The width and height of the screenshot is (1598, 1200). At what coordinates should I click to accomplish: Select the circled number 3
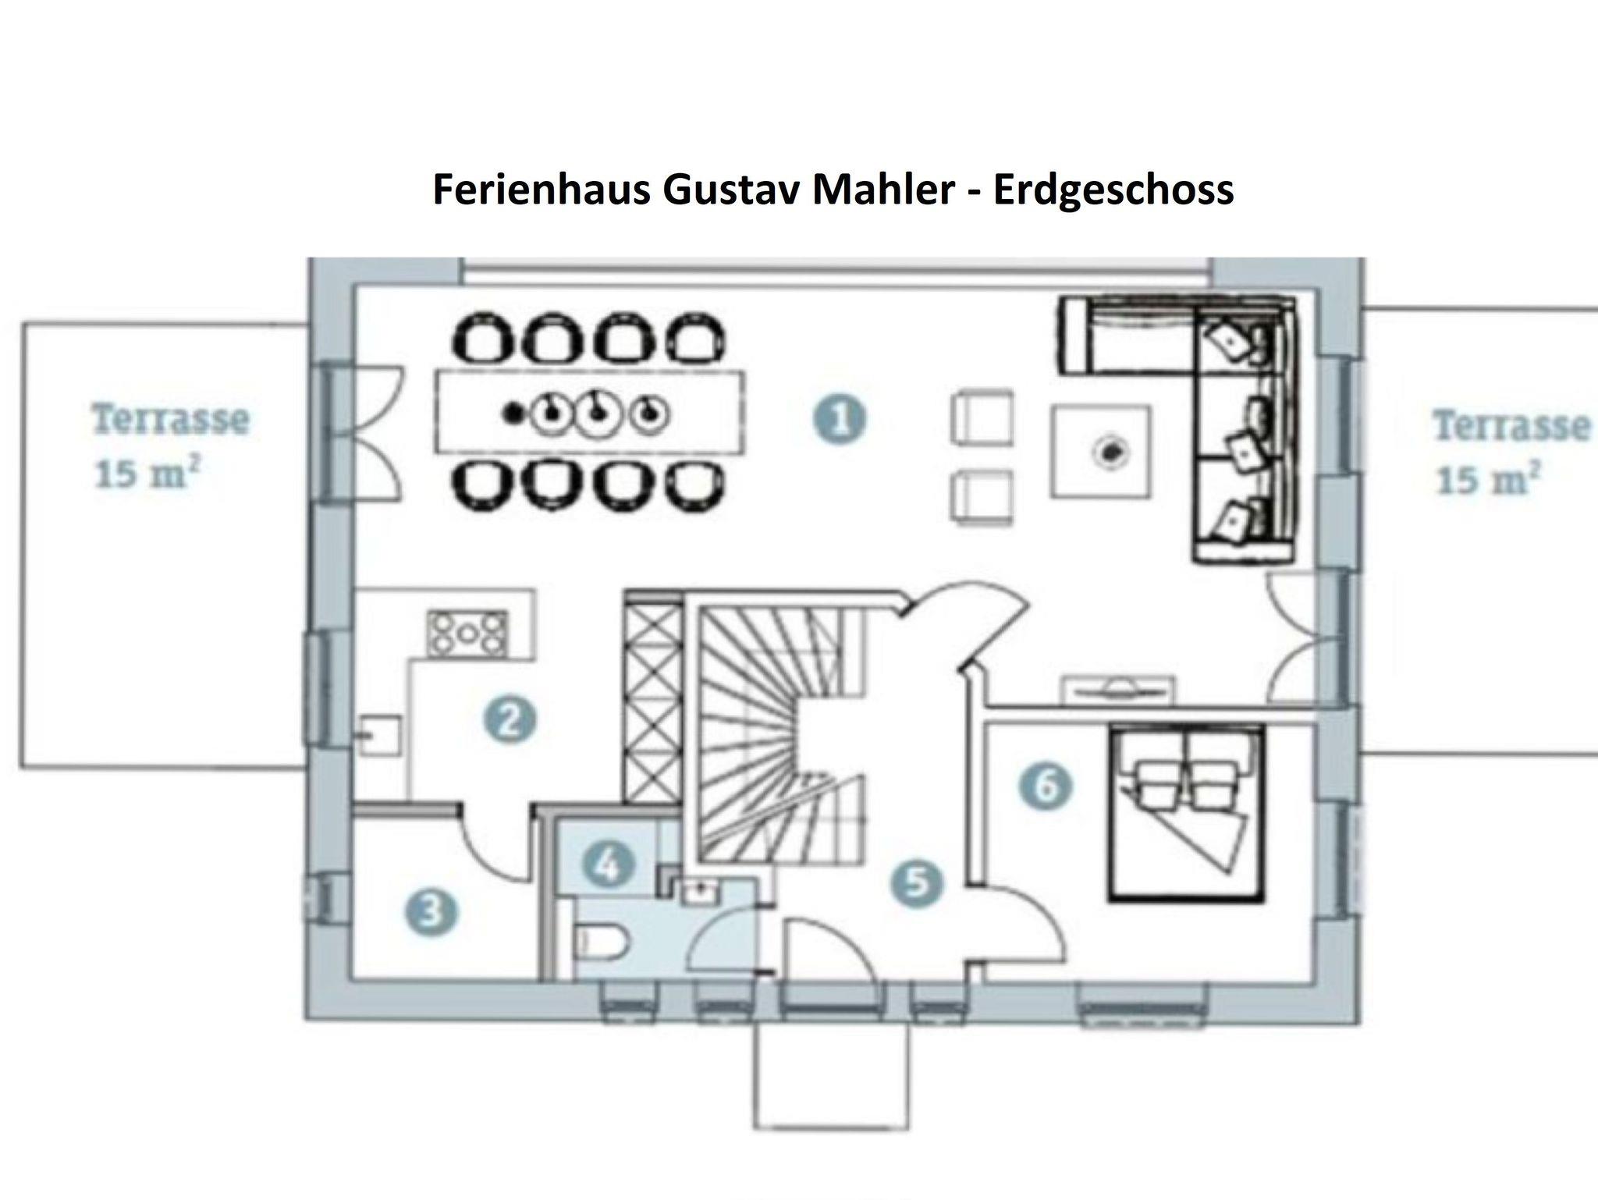(x=431, y=912)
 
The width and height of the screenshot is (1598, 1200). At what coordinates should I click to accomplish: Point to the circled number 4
(x=609, y=864)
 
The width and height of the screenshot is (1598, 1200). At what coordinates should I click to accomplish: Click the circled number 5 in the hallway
(x=917, y=883)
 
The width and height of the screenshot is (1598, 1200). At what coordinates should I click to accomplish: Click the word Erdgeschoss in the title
(x=1113, y=190)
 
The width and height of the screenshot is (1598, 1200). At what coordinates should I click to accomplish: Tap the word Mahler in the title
(x=884, y=190)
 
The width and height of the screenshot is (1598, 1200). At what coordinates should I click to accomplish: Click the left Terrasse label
(x=171, y=420)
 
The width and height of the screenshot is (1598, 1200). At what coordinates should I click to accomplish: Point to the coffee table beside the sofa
(x=1100, y=451)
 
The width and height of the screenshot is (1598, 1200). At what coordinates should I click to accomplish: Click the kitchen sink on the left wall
(x=379, y=736)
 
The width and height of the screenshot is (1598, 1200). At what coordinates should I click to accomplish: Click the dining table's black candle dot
(x=513, y=412)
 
